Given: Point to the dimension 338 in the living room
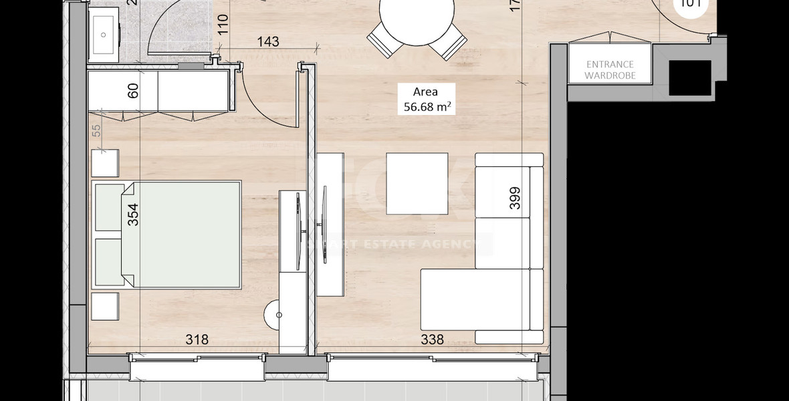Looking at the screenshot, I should [432, 340].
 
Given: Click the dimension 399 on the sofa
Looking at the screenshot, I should [514, 198].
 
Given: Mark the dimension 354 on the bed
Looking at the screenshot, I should [133, 215].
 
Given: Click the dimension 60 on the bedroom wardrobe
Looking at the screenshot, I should [133, 92].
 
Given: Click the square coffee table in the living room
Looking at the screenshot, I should [417, 184].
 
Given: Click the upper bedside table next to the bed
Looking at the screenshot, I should [105, 162].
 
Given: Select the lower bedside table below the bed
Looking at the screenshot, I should [105, 305].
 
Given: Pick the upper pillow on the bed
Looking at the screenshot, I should [108, 206].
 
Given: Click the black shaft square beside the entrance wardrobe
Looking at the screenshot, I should [689, 80].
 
